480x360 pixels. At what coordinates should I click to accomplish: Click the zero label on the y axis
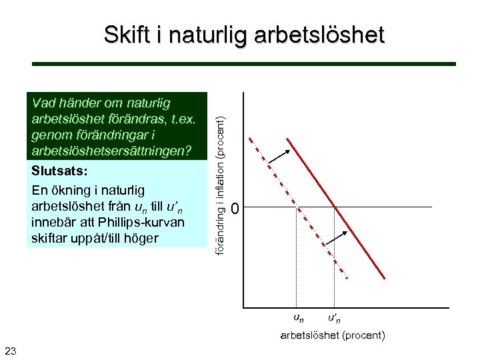click(x=234, y=209)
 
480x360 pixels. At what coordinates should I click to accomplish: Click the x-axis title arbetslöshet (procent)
click(x=332, y=335)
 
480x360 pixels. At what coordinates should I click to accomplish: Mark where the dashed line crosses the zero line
click(x=295, y=207)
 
